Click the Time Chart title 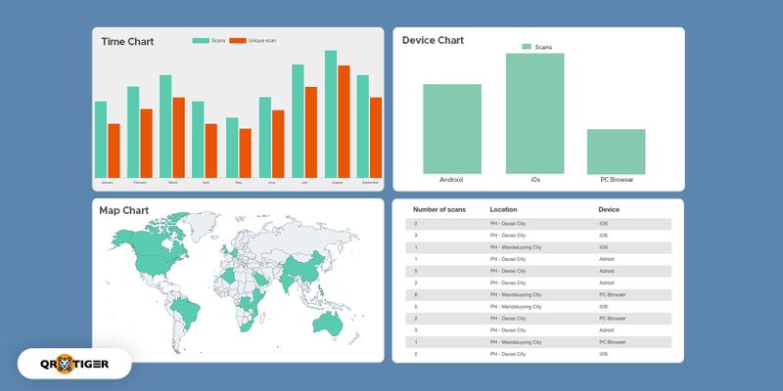click(x=127, y=42)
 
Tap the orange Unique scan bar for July click(x=311, y=131)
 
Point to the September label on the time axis click(x=370, y=183)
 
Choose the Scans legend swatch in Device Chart click(x=527, y=47)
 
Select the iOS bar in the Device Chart click(x=534, y=112)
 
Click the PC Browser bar click(x=616, y=151)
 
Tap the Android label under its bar click(x=451, y=180)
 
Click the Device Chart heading click(x=434, y=40)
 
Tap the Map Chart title click(x=123, y=210)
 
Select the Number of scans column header click(x=439, y=209)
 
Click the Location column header click(x=503, y=209)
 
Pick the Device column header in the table click(x=609, y=209)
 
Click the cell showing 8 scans click(x=417, y=293)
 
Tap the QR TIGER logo click(x=74, y=364)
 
